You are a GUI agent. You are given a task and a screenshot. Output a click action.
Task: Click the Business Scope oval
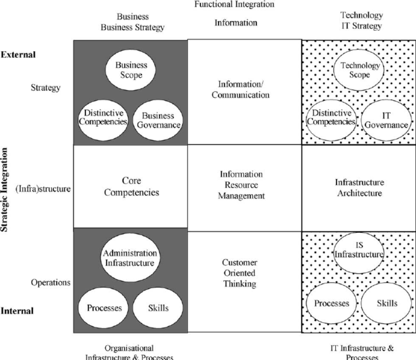coord(131,70)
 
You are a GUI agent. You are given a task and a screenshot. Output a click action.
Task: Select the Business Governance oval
coord(158,120)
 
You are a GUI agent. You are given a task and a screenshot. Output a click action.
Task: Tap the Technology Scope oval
coord(360,70)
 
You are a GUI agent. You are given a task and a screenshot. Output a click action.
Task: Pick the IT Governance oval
coord(386,120)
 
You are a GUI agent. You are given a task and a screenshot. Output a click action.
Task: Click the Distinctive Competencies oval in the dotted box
coord(331,118)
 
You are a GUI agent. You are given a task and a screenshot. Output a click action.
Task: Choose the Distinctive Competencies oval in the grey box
coord(103,118)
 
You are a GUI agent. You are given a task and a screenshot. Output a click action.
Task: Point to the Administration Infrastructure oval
coord(130,258)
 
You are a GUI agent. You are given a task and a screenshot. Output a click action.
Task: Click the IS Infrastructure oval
coord(358,250)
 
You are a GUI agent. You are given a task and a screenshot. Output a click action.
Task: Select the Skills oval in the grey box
coord(158,308)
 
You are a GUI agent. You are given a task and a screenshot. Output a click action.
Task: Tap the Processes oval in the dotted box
coord(332,303)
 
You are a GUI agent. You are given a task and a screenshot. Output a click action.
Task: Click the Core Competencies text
coord(132,187)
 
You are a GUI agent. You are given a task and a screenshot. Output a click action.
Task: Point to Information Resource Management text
coord(242,185)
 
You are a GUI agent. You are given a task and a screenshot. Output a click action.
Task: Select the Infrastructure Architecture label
coord(359,188)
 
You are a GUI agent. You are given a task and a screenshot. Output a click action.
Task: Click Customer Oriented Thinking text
coord(239,273)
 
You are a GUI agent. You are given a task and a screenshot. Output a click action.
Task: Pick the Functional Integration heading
coord(234,4)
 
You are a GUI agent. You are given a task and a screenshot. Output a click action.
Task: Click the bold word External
coord(19,55)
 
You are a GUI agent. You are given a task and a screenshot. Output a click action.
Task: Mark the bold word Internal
coord(17,311)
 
